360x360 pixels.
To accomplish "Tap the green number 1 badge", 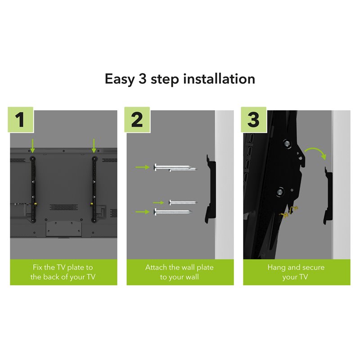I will tap(21, 120).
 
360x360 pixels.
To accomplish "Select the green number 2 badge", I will tap(137, 120).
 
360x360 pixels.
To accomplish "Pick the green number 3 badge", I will tap(253, 120).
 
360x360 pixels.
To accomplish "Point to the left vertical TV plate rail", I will tap(32, 189).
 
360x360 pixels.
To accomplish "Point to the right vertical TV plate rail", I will tap(94, 189).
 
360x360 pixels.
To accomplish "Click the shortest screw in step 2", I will tap(182, 202).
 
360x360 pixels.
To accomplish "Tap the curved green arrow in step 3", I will tap(315, 152).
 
